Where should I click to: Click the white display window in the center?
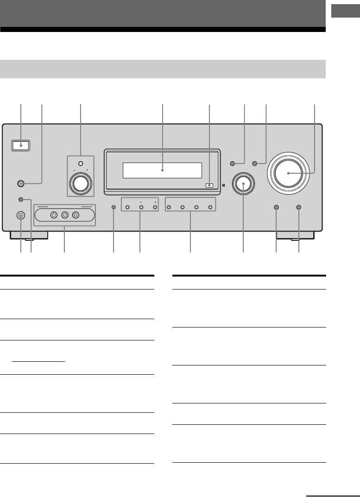(x=162, y=170)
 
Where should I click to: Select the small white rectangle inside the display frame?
(x=209, y=185)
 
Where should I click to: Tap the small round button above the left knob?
(x=81, y=164)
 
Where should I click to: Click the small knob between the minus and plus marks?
(x=81, y=183)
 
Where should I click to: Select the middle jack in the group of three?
(x=65, y=215)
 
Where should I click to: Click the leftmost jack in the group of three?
(x=54, y=215)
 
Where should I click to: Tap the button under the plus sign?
(x=155, y=208)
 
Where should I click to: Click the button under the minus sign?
(x=141, y=208)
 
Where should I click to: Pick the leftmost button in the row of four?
(x=169, y=208)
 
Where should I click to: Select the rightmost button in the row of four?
(x=210, y=208)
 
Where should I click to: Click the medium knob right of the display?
(x=243, y=184)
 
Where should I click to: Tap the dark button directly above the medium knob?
(x=233, y=164)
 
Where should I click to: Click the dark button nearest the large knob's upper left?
(x=255, y=164)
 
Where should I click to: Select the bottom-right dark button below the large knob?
(x=298, y=208)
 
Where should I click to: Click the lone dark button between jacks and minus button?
(x=114, y=208)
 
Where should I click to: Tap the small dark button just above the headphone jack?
(x=20, y=199)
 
